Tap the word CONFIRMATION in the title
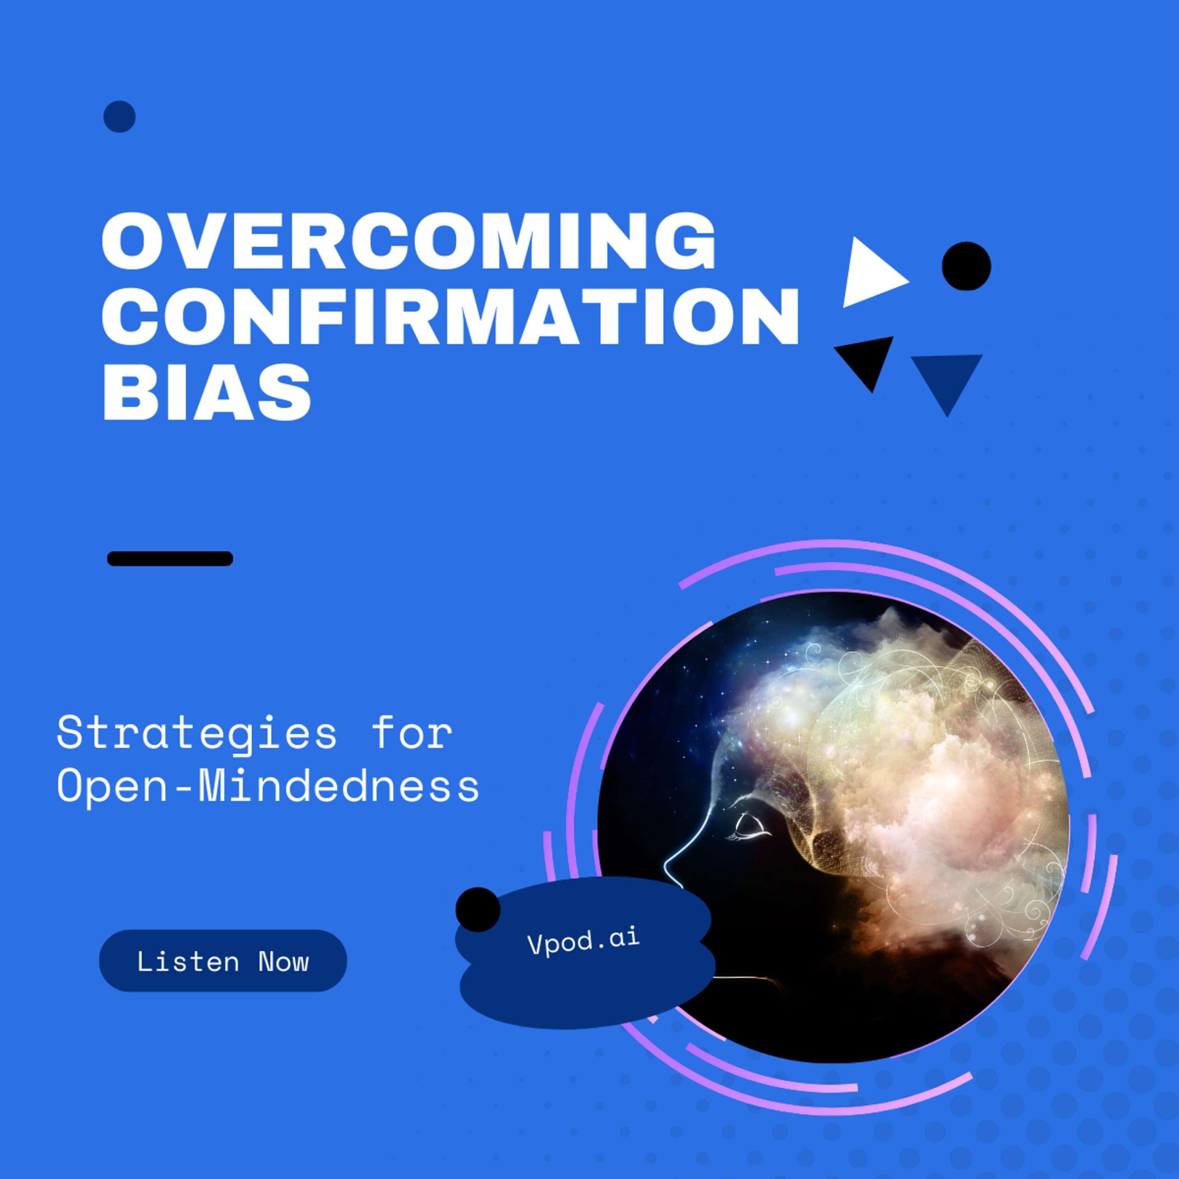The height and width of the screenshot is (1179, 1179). [450, 316]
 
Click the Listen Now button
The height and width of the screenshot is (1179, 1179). [223, 962]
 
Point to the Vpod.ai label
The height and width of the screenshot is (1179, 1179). [584, 941]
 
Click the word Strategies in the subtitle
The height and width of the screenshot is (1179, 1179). [197, 735]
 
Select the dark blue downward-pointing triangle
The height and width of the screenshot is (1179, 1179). [946, 379]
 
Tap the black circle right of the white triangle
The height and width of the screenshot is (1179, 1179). [966, 266]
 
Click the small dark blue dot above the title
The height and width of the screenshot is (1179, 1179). [120, 117]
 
